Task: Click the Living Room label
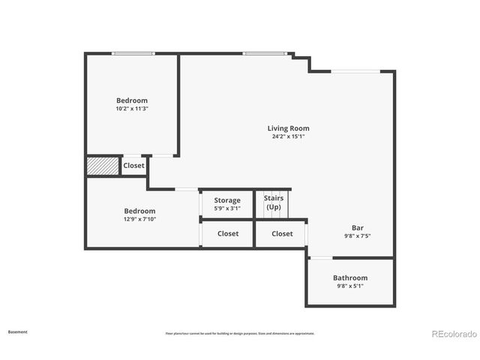click(x=288, y=128)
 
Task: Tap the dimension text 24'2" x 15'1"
click(x=288, y=136)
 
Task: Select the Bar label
click(x=358, y=228)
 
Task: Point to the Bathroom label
click(x=350, y=277)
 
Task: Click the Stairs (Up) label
click(x=273, y=202)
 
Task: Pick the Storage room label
click(x=227, y=200)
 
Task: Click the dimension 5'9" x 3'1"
click(x=227, y=208)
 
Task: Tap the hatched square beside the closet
click(x=103, y=166)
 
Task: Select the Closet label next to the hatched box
click(x=133, y=166)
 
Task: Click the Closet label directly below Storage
click(x=228, y=233)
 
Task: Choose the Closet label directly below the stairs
click(x=282, y=233)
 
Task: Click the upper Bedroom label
click(x=131, y=100)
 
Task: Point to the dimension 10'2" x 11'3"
click(x=131, y=109)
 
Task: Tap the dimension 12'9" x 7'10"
click(x=139, y=219)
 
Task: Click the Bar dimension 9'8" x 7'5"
click(x=358, y=235)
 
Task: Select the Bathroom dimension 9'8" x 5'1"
click(x=350, y=286)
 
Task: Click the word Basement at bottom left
click(x=17, y=331)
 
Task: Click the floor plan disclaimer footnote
click(x=240, y=334)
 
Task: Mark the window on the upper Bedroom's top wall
click(x=133, y=53)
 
